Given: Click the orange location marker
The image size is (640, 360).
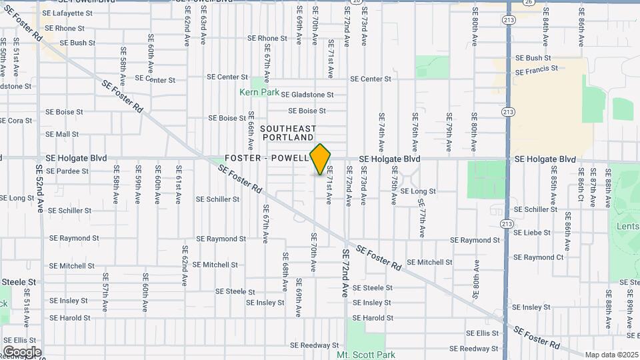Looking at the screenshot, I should click(x=321, y=159).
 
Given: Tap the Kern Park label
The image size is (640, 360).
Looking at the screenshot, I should click(x=259, y=92).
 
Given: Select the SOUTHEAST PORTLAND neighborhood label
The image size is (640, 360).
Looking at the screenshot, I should click(x=288, y=132).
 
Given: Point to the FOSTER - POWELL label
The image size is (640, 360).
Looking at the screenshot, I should click(x=267, y=158).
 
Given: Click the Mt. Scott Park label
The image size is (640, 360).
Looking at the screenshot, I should click(x=366, y=355).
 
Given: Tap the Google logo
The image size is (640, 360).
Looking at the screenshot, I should click(x=21, y=351).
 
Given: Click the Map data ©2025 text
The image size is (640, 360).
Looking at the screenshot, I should click(x=611, y=355).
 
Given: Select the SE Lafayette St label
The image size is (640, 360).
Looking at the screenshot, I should click(x=66, y=13).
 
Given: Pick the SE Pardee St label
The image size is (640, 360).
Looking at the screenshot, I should click(x=67, y=171).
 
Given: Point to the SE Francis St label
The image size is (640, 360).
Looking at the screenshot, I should click(x=537, y=70).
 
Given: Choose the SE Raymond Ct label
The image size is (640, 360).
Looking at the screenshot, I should click(x=539, y=257).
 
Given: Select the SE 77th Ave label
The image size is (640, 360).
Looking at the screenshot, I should click(x=422, y=222).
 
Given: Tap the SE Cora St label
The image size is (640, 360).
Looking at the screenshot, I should click(x=16, y=121).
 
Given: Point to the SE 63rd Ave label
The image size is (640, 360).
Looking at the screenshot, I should click(x=203, y=31).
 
